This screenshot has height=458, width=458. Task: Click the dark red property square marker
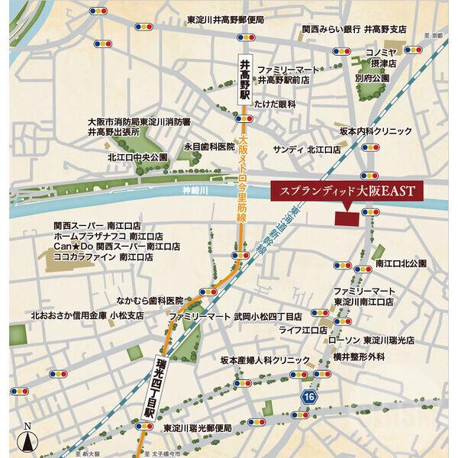pos(348,217)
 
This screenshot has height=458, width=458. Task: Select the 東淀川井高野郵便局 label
pos(225,21)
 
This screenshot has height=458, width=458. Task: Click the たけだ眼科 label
pos(275,103)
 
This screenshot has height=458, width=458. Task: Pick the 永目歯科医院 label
pos(208,145)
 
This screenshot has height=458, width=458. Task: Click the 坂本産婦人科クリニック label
pos(265,359)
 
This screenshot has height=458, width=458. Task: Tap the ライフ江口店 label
pos(302,330)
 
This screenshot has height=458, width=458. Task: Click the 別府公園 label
pos(373,78)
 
